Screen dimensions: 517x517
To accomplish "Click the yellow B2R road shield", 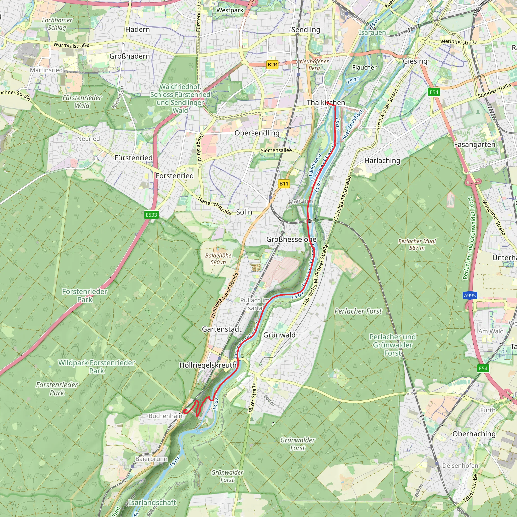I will (272, 64).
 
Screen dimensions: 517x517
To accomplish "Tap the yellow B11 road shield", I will (284, 184).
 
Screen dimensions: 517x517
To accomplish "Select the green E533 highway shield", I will (151, 215).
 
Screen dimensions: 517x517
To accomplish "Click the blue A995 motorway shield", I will (470, 295).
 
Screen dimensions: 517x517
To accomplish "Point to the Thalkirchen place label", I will (326, 102).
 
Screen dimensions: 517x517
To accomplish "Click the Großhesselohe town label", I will (291, 239).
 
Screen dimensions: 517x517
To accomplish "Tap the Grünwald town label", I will (279, 335).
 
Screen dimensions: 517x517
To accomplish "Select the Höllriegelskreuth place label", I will (208, 365).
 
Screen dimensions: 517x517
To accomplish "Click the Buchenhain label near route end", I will (165, 416).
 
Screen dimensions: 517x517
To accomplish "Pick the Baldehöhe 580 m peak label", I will (218, 259).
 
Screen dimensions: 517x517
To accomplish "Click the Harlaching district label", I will (382, 161).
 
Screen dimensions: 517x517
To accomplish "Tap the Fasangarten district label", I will (474, 144).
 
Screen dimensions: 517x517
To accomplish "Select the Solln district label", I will (244, 212).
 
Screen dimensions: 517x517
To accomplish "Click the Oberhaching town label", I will (474, 434).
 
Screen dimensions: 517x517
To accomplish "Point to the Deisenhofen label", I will (460, 466).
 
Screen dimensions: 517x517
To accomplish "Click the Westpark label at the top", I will (230, 10).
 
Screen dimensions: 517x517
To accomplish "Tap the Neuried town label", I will (88, 139).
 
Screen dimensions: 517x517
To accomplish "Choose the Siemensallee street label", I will (276, 150).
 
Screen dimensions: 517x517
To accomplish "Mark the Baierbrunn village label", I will (151, 459).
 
